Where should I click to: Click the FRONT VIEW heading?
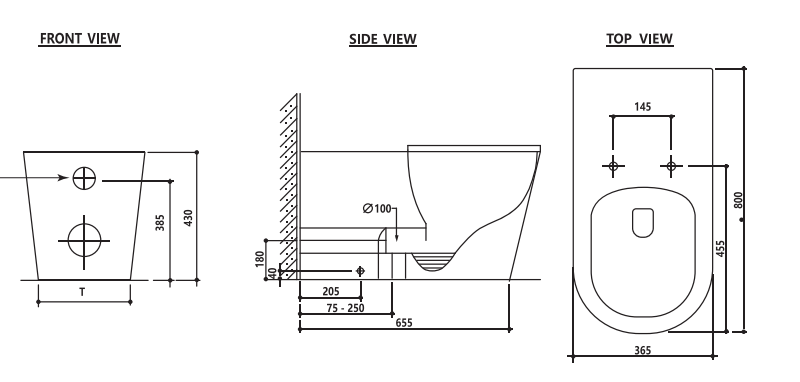tap(80, 38)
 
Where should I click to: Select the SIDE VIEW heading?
tap(383, 39)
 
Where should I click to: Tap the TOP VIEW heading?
tap(639, 39)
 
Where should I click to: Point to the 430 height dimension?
tap(188, 218)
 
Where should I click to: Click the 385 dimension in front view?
tap(160, 222)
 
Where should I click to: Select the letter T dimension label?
tap(82, 292)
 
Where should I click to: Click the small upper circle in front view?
tap(84, 179)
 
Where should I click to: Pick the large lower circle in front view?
tap(84, 240)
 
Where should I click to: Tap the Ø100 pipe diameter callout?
tap(377, 209)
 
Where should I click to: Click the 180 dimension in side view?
tap(260, 259)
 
